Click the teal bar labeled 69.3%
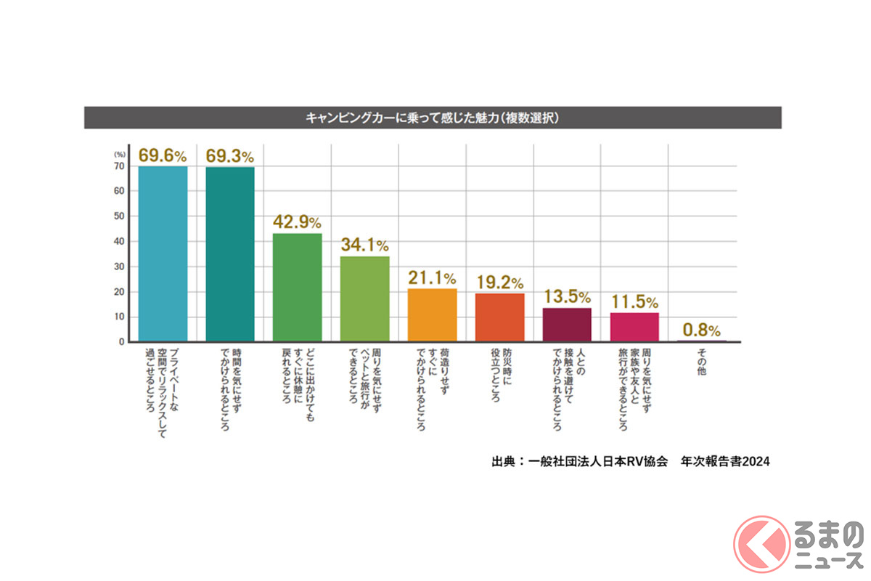pos(230,254)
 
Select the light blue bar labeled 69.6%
pos(163,254)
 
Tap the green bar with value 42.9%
pos(298,287)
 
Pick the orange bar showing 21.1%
pos(433,314)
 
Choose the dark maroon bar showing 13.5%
pos(567,325)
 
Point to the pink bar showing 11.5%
pos(634,327)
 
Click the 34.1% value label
pos(364,245)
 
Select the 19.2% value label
pos(499,282)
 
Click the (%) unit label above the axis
pos(120,154)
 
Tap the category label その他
pos(701,361)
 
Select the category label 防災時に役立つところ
pos(499,376)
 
